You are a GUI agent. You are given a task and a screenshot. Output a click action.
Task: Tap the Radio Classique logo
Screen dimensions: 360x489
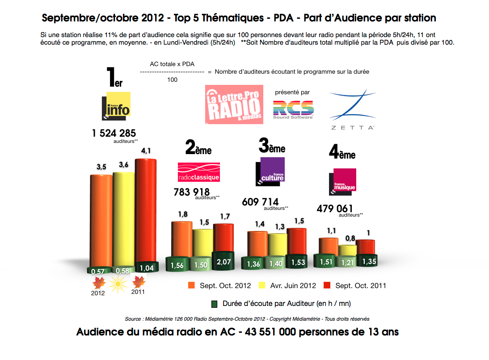[199, 172]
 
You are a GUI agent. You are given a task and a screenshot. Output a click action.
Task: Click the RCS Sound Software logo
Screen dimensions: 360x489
[293, 109]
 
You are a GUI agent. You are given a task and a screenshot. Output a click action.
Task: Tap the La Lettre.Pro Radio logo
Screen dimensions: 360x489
[234, 105]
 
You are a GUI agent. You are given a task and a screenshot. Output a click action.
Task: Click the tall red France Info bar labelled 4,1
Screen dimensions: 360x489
[146, 210]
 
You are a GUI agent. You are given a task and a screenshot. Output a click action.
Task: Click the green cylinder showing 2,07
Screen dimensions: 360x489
[223, 262]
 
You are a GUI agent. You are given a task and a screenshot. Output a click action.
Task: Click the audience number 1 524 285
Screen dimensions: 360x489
[114, 133]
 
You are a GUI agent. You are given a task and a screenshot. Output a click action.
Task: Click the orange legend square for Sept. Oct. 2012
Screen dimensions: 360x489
[191, 285]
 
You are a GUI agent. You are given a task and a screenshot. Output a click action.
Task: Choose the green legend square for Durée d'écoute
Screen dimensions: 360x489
[214, 304]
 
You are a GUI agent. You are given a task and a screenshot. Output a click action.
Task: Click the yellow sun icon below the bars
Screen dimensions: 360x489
[118, 282]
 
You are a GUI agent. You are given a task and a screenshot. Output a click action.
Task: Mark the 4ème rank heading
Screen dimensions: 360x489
[342, 153]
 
